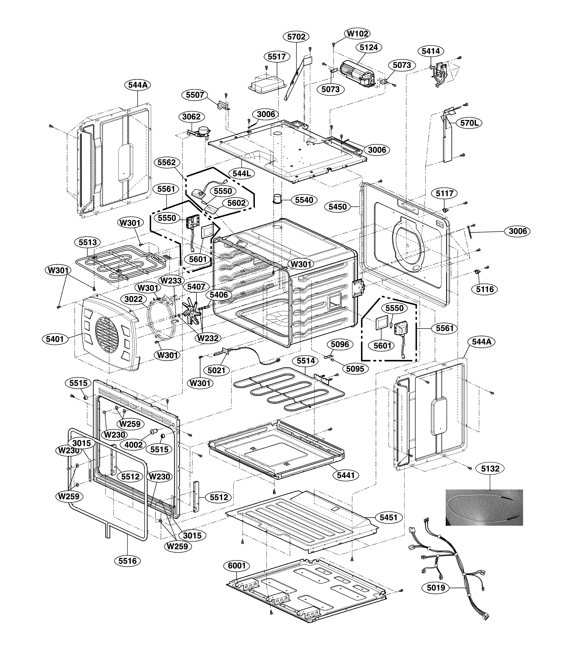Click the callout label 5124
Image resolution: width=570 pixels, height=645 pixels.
click(369, 47)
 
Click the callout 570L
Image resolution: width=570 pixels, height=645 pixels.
click(469, 123)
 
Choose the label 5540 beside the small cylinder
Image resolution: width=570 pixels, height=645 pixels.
click(304, 200)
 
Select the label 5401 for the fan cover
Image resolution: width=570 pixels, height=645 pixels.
click(55, 339)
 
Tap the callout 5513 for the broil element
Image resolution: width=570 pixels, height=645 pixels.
click(87, 242)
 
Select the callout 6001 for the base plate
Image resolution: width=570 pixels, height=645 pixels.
click(236, 565)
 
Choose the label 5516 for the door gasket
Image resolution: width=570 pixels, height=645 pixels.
click(128, 561)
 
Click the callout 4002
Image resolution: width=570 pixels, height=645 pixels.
click(134, 445)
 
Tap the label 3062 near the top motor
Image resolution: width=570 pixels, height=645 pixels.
click(191, 117)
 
